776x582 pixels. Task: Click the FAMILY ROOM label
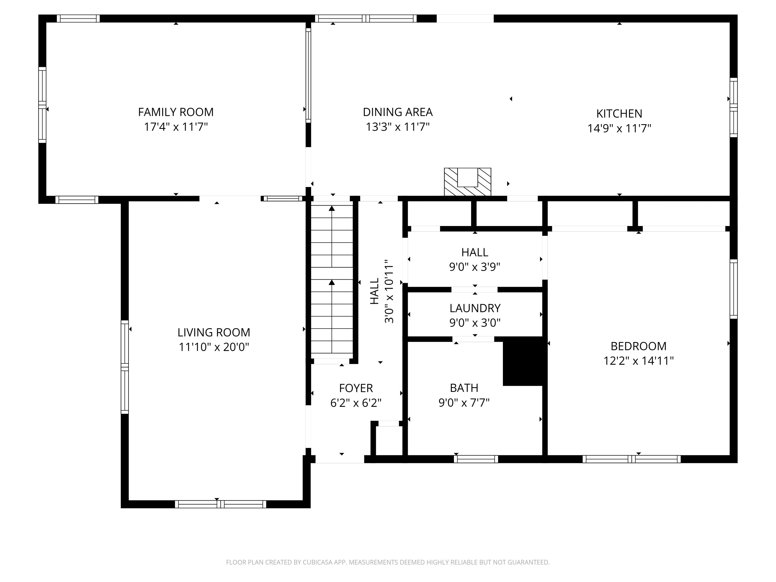click(x=176, y=112)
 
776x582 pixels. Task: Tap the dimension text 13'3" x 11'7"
click(x=398, y=127)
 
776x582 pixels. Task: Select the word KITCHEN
click(x=619, y=113)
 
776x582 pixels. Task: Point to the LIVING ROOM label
click(x=214, y=332)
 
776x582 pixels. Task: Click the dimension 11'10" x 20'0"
click(x=214, y=347)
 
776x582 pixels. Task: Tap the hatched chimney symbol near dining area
click(x=467, y=182)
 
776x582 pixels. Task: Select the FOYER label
click(x=356, y=388)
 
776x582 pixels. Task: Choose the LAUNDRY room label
click(x=475, y=308)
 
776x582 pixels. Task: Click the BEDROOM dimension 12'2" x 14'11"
click(x=638, y=361)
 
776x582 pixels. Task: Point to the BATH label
click(x=464, y=388)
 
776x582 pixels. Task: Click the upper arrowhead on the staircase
click(x=332, y=209)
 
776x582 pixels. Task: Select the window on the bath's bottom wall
click(x=476, y=459)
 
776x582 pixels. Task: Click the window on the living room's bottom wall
click(x=220, y=504)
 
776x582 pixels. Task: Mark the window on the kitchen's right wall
click(x=733, y=107)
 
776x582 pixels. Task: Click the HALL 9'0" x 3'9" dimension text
click(x=474, y=267)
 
